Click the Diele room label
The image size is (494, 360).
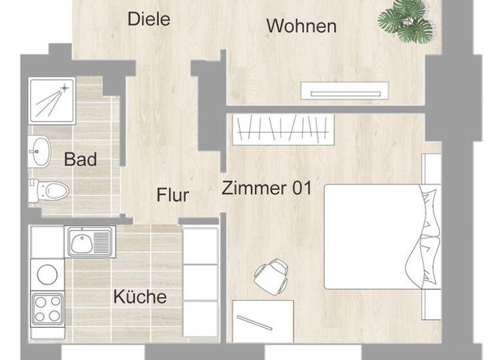pos(149,19)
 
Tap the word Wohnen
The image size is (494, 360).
pos(301,26)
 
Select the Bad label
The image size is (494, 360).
pos(80,159)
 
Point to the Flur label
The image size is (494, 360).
pos(173,194)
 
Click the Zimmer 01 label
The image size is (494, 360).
pos(266,188)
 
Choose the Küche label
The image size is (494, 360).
pos(140,297)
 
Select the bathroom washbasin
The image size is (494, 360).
pos(40,152)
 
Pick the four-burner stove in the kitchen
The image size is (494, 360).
pos(48,309)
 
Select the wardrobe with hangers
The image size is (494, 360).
pos(283,129)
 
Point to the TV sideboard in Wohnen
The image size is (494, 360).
pos(345,91)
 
